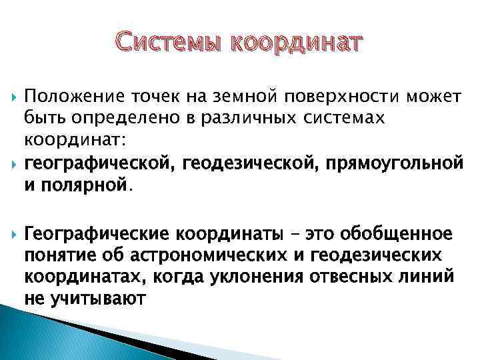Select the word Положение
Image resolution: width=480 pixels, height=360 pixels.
pos(74,98)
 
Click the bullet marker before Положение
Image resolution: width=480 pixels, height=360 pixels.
pos(7,98)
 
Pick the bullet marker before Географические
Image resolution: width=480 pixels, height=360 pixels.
pos(7,234)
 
